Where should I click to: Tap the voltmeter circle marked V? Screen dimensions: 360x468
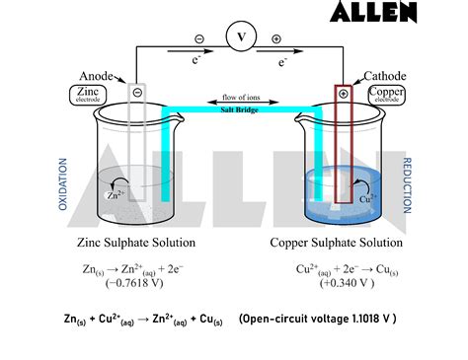(x=239, y=37)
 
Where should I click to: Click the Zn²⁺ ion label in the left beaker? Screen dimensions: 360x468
(x=115, y=194)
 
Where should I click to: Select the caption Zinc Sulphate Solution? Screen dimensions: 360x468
(x=135, y=242)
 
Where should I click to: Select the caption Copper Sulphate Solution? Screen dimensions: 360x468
(x=336, y=242)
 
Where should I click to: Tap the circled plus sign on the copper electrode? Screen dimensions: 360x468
(x=343, y=94)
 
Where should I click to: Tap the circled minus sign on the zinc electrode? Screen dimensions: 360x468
(x=137, y=93)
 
